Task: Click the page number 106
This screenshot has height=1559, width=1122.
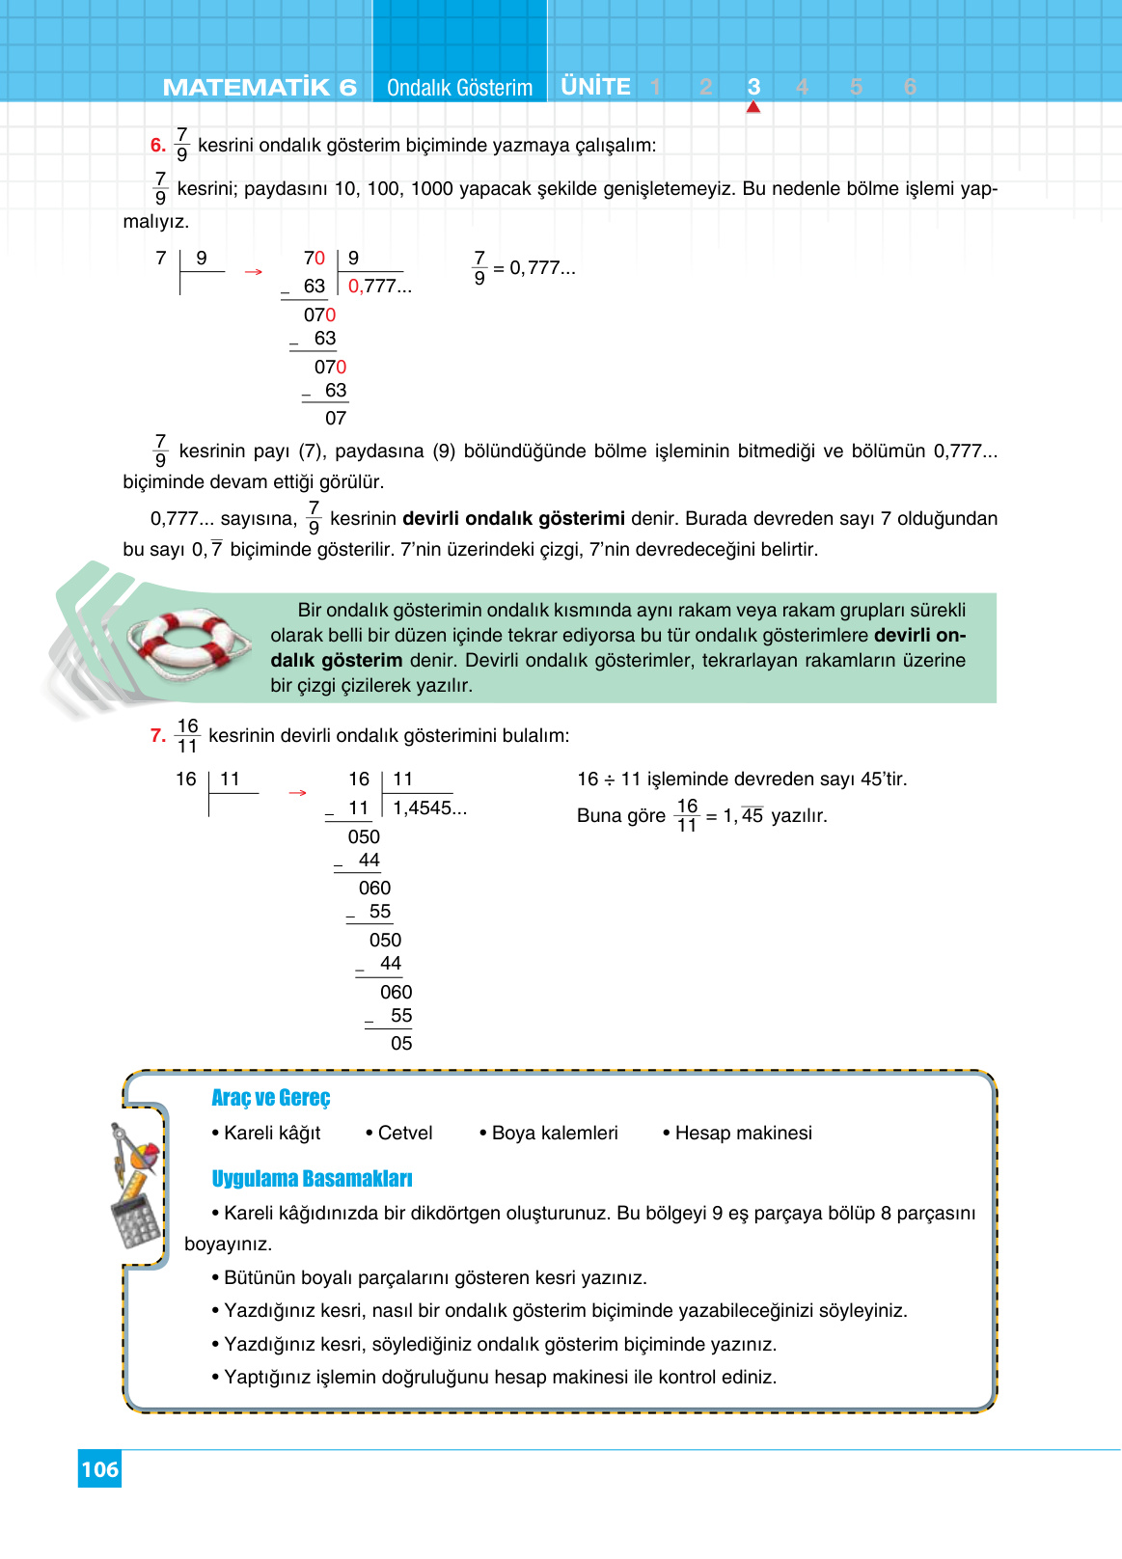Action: coord(99,1469)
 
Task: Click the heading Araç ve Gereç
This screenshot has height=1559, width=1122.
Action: coord(270,1098)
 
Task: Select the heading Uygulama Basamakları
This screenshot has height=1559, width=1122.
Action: coord(312,1179)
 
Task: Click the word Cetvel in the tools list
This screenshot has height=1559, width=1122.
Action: coord(404,1133)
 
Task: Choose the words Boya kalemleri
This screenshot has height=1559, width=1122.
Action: coord(555,1133)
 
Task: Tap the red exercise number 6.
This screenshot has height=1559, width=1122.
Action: coord(157,146)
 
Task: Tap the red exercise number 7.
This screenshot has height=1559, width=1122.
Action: coord(157,736)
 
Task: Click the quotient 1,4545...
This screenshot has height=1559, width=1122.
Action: coord(429,808)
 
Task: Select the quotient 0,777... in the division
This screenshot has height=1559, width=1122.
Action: coord(379,287)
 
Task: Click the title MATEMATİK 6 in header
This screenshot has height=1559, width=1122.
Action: coord(260,88)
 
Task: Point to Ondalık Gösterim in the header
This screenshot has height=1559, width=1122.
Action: coord(459,88)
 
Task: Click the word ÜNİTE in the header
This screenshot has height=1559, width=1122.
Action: coord(595,87)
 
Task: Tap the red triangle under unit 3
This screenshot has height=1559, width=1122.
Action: coord(753,107)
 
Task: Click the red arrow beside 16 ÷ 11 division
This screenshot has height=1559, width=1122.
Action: coord(297,793)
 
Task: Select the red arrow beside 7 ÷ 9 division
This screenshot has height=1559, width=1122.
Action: coord(254,272)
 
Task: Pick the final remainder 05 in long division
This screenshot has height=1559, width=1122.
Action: coord(401,1044)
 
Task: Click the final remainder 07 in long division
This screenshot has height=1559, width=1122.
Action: coord(336,419)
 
